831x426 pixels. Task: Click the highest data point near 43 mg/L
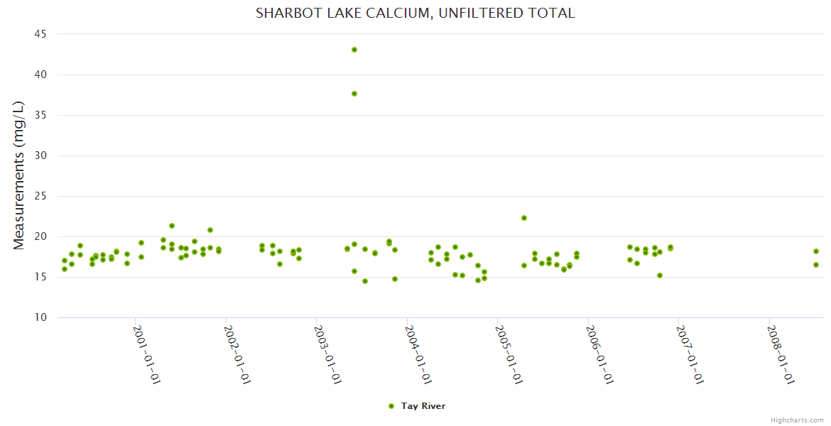pos(354,50)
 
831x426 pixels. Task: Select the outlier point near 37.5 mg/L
pos(354,94)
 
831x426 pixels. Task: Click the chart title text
pos(415,13)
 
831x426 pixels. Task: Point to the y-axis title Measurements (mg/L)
pos(19,175)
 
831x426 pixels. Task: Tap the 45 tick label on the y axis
pos(40,34)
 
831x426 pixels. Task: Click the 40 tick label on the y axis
pos(40,75)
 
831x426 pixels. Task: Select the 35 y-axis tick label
pos(40,115)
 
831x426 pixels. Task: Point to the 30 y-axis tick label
pos(40,155)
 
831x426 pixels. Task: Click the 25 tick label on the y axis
pos(40,196)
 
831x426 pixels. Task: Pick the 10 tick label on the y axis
pos(40,317)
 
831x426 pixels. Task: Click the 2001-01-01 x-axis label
pos(148,354)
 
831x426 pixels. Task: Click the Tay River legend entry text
pos(423,406)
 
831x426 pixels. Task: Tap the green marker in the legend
pos(391,406)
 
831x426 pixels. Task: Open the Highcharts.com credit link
pos(797,420)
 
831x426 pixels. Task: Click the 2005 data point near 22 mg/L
pos(524,218)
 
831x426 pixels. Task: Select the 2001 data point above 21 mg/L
pos(172,226)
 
